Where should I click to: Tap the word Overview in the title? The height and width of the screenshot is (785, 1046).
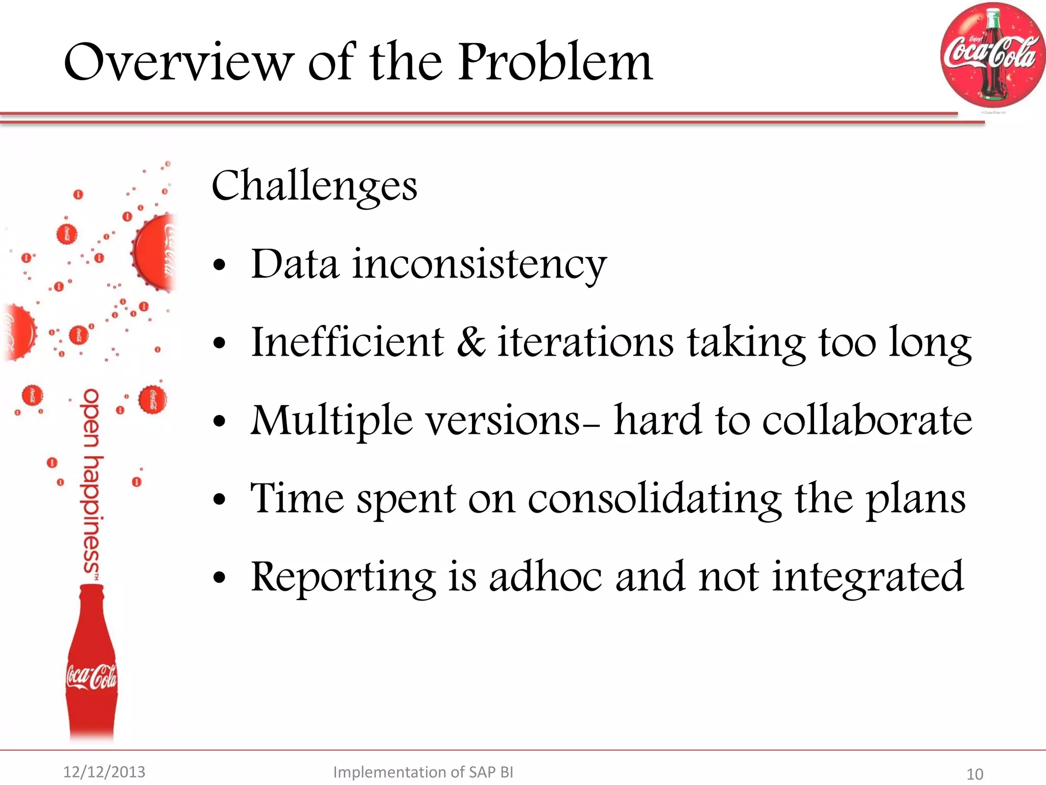click(x=179, y=62)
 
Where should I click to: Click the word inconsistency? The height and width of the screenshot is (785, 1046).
click(x=479, y=265)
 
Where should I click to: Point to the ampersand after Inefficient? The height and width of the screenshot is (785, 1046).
click(x=470, y=342)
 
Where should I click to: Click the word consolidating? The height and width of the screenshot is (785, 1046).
click(x=654, y=499)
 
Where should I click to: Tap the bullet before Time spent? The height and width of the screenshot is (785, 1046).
click(x=220, y=499)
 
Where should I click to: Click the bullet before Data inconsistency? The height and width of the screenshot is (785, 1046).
click(x=220, y=265)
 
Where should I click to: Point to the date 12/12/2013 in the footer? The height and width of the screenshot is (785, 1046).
click(x=104, y=772)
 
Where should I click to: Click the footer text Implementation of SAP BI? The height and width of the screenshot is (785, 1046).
click(x=423, y=772)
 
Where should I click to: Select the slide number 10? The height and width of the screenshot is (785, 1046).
click(x=974, y=774)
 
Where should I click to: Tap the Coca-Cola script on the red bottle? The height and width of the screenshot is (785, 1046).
click(x=91, y=677)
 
